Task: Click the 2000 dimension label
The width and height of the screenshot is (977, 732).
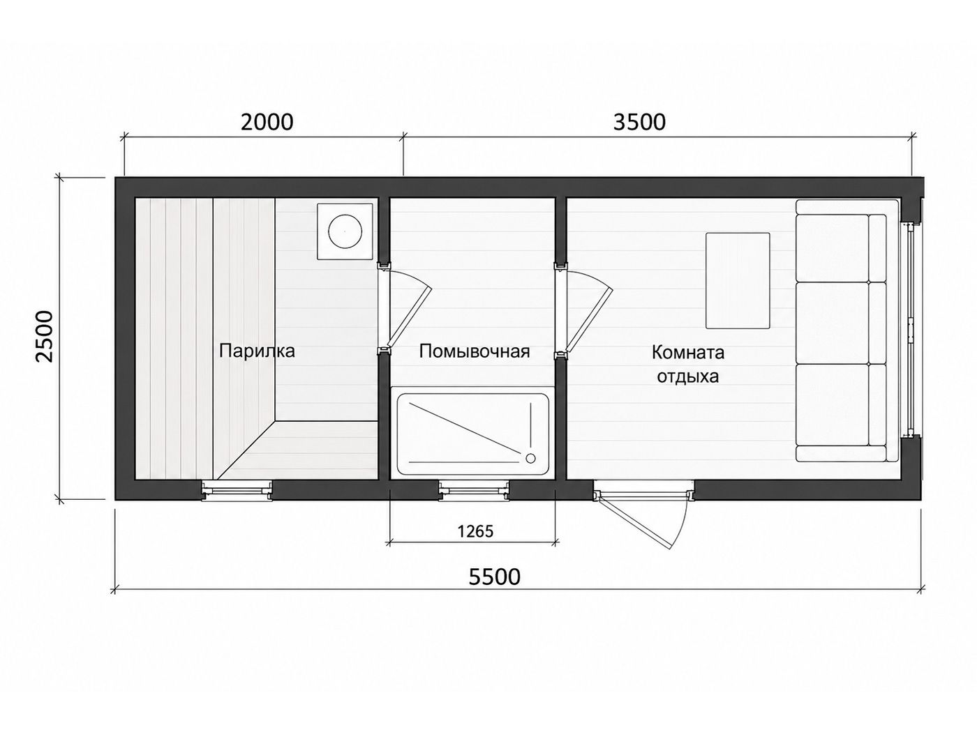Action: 267,122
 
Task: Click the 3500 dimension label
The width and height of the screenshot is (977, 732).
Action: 639,122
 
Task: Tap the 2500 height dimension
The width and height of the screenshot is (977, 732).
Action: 45,337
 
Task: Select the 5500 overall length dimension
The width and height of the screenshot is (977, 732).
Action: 494,577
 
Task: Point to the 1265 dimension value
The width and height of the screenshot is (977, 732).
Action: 475,531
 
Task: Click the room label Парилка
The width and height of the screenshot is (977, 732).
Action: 257,351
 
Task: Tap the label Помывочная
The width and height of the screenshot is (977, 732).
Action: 475,351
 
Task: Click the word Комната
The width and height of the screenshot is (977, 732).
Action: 687,353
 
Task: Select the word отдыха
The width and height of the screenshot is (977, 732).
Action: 687,377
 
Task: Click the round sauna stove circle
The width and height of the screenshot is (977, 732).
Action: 345,231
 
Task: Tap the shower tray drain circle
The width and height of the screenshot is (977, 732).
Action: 530,458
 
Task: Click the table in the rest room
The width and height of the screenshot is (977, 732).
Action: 738,281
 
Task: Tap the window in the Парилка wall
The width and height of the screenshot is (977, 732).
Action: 237,491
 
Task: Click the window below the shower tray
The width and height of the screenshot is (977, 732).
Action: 474,491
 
